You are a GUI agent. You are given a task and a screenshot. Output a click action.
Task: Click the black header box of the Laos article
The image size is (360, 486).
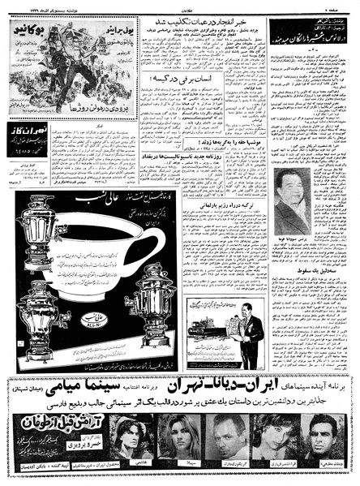pos(308,31)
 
